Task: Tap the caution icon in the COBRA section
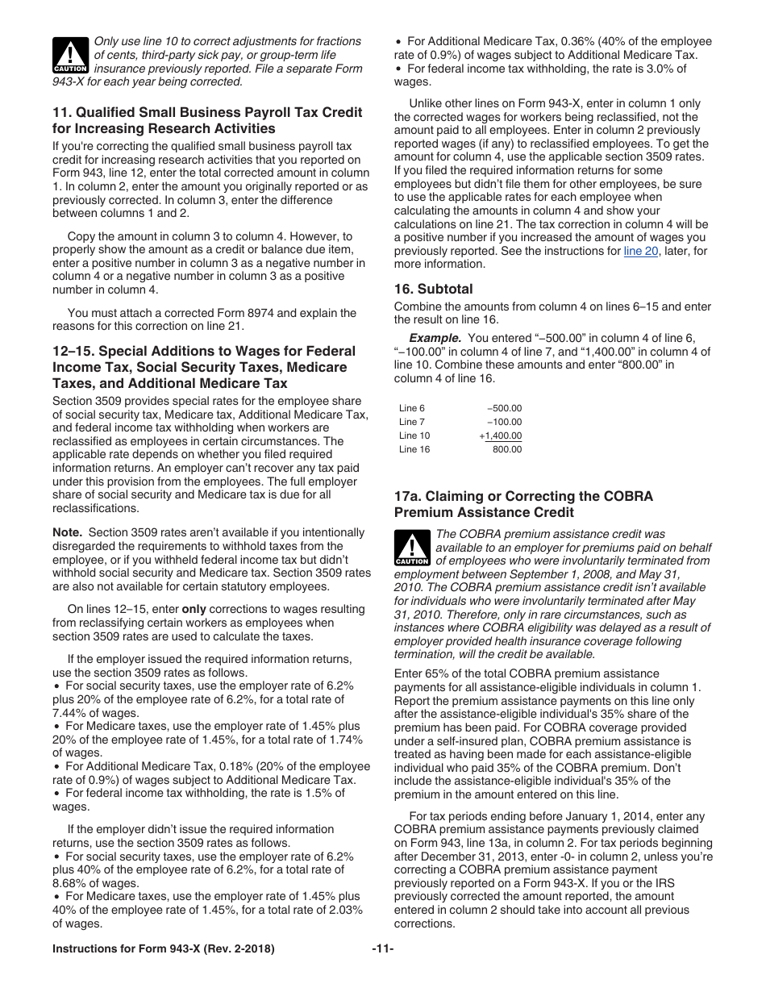click(412, 548)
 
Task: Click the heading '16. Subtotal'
click(433, 289)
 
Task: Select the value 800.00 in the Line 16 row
click(507, 449)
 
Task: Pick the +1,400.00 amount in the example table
click(501, 436)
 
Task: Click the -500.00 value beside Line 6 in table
click(505, 408)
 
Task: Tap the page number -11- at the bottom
click(383, 949)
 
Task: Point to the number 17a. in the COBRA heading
click(408, 497)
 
